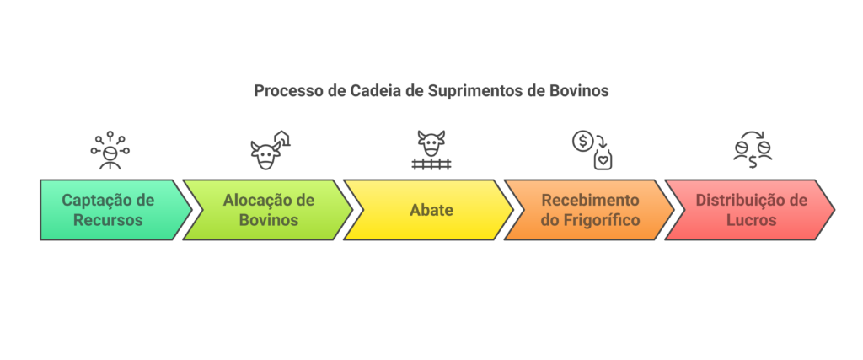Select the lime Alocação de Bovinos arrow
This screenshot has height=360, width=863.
pos(268,210)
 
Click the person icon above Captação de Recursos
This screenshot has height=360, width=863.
pos(110,151)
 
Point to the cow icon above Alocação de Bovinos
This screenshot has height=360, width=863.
pos(265,156)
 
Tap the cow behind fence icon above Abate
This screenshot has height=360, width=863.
pos(431,150)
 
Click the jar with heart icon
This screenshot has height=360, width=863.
pos(603,159)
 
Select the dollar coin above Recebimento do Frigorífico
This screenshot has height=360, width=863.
pos(582,141)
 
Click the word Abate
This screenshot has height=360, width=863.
pos(431,210)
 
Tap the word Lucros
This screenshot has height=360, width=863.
pos(751,220)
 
